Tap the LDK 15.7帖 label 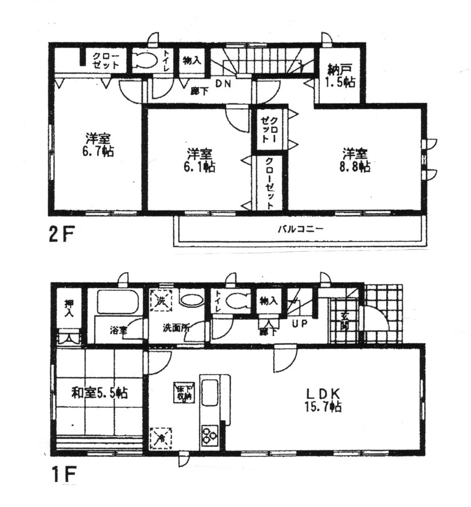point(325,399)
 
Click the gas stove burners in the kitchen point(209,434)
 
